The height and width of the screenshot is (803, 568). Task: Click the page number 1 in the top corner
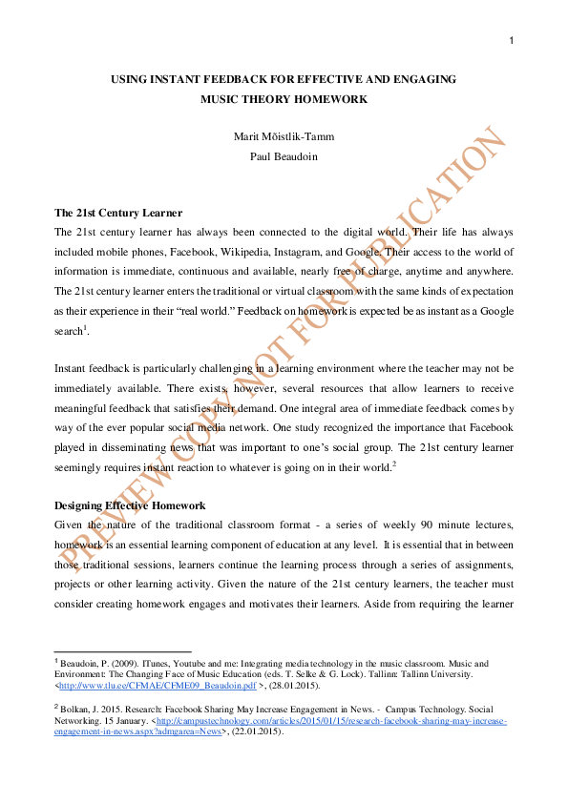coord(512,40)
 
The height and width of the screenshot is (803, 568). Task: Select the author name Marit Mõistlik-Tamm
coord(284,136)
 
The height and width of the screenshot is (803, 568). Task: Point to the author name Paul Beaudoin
coord(284,155)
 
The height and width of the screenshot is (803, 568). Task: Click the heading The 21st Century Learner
coord(118,213)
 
